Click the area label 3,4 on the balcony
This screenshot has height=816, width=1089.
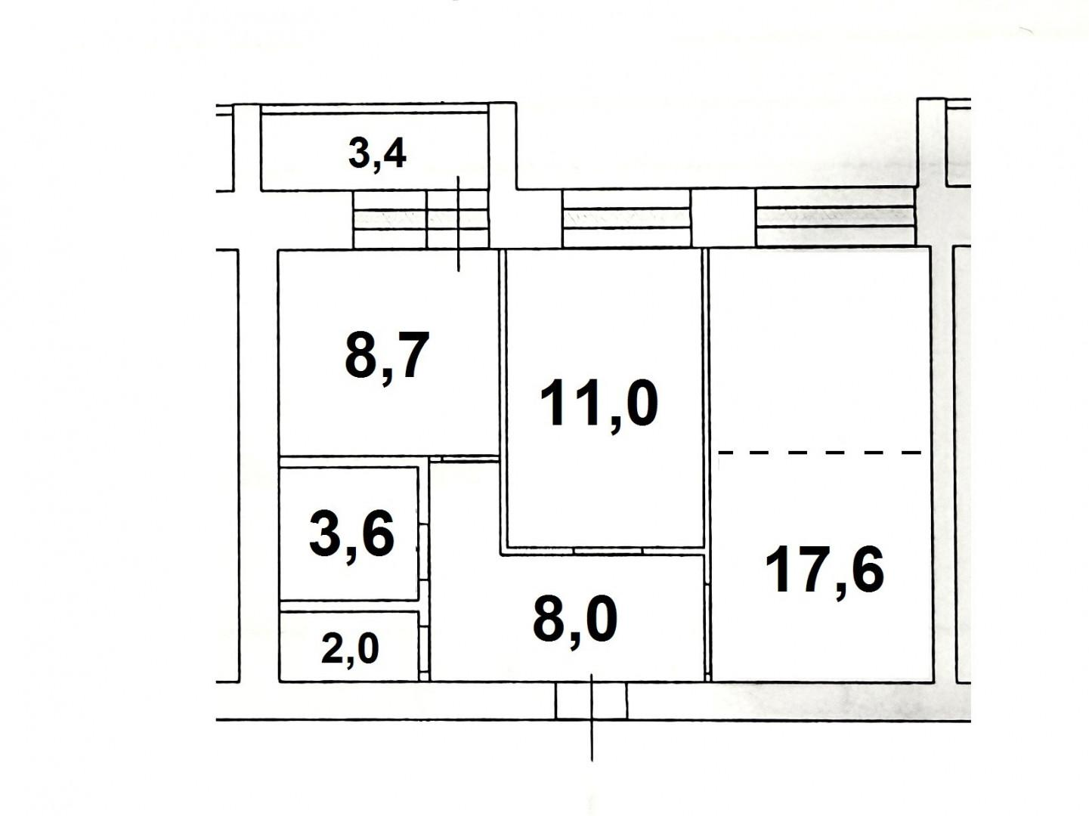pyautogui.click(x=377, y=153)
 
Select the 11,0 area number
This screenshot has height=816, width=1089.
pyautogui.click(x=599, y=404)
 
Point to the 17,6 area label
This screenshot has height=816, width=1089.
pyautogui.click(x=824, y=570)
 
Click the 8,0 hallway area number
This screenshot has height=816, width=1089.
pyautogui.click(x=575, y=620)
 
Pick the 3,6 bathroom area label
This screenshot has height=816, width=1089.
pyautogui.click(x=352, y=534)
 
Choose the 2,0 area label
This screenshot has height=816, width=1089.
pyautogui.click(x=350, y=649)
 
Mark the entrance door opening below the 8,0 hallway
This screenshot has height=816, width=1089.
pyautogui.click(x=591, y=700)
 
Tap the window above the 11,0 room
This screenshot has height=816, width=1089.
pyautogui.click(x=626, y=218)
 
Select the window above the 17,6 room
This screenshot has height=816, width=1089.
pyautogui.click(x=834, y=217)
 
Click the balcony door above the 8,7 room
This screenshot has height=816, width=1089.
pyautogui.click(x=458, y=219)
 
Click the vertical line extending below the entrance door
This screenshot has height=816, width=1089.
pyautogui.click(x=592, y=740)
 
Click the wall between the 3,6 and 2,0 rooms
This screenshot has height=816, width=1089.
pyautogui.click(x=348, y=606)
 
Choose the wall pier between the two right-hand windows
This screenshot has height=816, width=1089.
pyautogui.click(x=722, y=218)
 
